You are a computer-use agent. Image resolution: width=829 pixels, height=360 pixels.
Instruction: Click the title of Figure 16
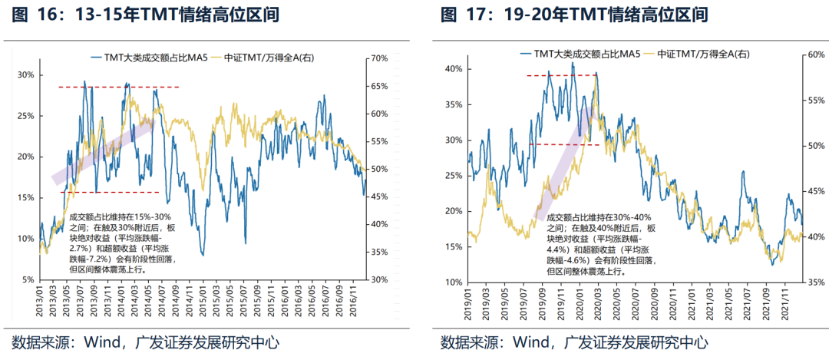point(146,15)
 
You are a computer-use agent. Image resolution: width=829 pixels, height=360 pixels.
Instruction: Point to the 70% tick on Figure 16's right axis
point(380,58)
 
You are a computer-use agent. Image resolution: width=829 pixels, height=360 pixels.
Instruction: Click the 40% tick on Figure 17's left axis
point(451,68)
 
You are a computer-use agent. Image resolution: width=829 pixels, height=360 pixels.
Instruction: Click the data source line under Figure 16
point(146,342)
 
